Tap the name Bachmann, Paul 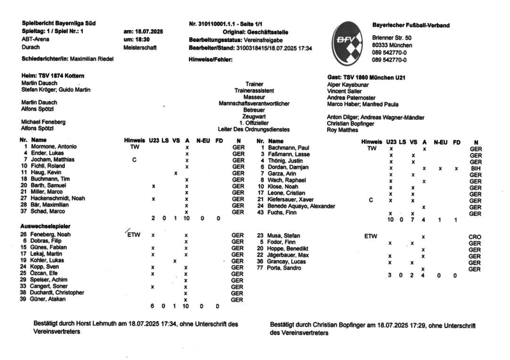pos(288,147)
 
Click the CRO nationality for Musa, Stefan pos(475,236)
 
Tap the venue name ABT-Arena pos(36,39)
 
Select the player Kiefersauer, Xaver pos(293,200)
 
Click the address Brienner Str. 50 pos(391,38)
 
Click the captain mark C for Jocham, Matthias pos(134,160)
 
